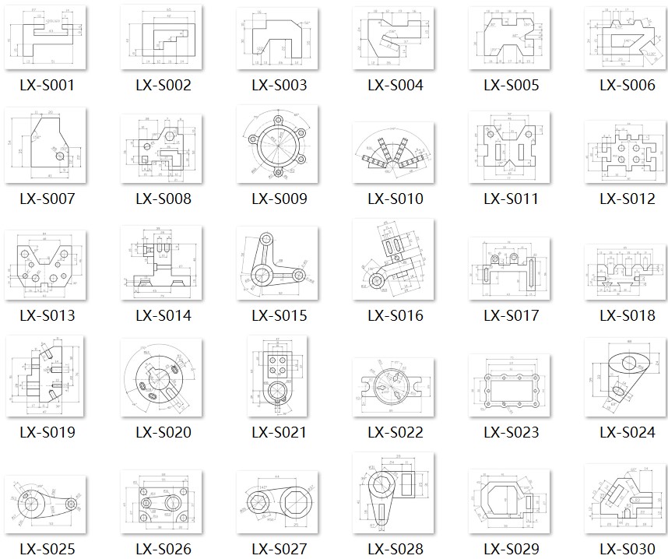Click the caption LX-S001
pos(47,86)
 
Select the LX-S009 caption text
pos(280,199)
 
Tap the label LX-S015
pos(280,315)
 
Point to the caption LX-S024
pos(628,432)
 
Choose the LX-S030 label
pos(628,549)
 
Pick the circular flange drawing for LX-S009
pos(279,145)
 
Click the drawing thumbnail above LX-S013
pos(46,264)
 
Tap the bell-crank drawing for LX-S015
pos(279,265)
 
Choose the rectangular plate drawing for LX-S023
pos(510,388)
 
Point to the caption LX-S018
pos(628,315)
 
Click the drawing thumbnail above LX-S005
pos(510,39)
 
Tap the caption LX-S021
pos(280,432)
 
